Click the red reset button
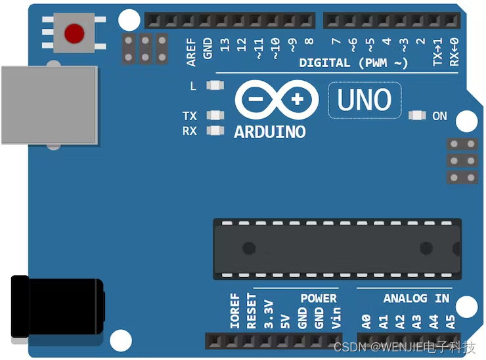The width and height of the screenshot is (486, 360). [x=74, y=32]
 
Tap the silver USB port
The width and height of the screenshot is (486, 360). [x=49, y=104]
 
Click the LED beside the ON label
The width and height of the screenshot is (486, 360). [x=417, y=116]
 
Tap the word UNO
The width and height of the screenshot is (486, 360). [x=364, y=101]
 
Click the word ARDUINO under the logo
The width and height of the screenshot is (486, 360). [x=270, y=131]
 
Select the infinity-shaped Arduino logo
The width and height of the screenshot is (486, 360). [x=276, y=100]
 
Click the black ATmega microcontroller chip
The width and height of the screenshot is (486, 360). [x=337, y=248]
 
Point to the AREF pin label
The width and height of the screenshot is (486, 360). [x=191, y=52]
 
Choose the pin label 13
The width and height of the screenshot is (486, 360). [x=225, y=45]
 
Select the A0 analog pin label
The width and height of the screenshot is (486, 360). [x=366, y=321]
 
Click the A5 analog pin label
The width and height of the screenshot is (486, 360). [x=451, y=321]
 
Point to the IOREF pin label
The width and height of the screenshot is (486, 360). [x=234, y=311]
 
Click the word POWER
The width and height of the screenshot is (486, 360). [x=319, y=298]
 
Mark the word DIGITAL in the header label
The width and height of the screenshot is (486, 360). [x=324, y=63]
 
